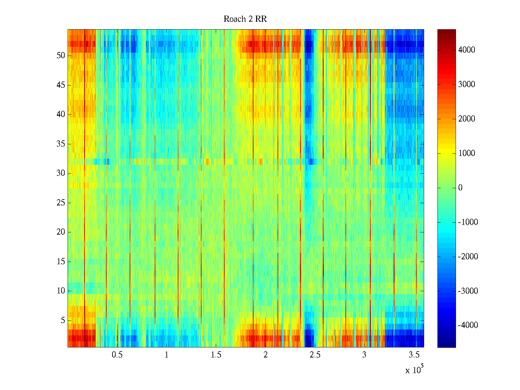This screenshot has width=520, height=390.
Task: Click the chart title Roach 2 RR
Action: [245, 19]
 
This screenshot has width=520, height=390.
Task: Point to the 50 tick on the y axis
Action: [61, 56]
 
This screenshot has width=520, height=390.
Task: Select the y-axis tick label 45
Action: [61, 85]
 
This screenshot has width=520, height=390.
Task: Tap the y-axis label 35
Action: [61, 144]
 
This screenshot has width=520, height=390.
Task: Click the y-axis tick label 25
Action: [61, 203]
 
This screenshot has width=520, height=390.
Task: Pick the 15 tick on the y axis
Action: [61, 262]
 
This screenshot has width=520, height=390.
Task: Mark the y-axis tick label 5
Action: [63, 320]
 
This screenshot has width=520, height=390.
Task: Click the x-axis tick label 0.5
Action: [117, 355]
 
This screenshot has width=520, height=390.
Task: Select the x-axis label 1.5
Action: [216, 355]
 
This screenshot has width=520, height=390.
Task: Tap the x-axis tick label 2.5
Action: [315, 355]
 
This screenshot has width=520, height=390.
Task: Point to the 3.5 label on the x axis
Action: [414, 355]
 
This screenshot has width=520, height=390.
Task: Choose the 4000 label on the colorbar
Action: [466, 50]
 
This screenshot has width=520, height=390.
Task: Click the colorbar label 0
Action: [460, 188]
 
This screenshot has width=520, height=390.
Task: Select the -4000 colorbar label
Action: [468, 325]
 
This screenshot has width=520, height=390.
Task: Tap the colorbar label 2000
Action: [466, 119]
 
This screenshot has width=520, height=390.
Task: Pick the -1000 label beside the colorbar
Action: [468, 222]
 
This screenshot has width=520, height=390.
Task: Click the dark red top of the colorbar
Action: [447, 31]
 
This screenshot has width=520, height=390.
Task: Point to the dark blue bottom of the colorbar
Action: [447, 345]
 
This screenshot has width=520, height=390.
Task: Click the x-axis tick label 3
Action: [364, 355]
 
